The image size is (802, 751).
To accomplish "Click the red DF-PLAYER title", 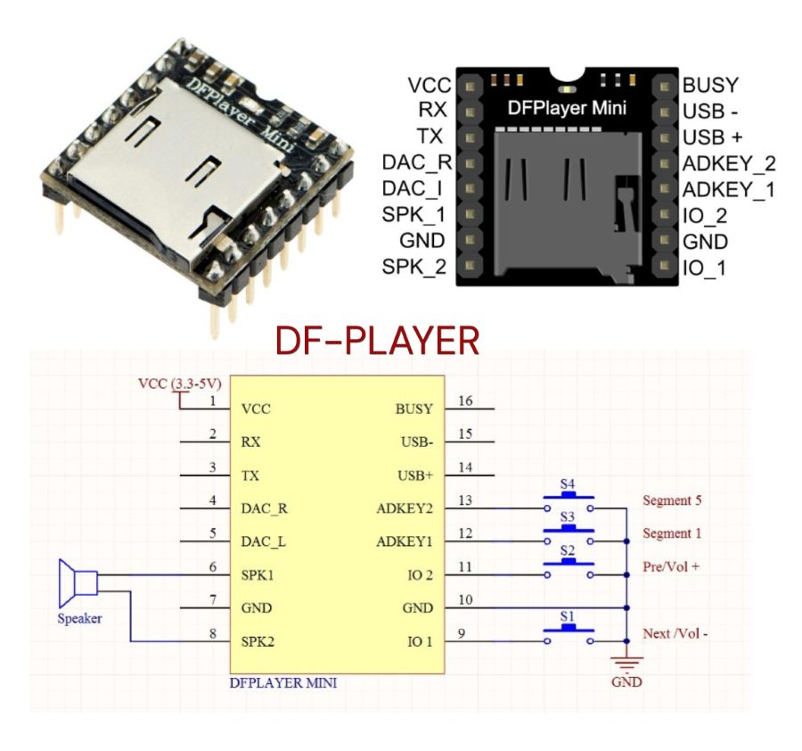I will click(x=377, y=340).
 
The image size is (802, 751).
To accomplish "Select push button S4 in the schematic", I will click(x=568, y=500).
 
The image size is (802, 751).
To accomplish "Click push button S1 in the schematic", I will click(x=568, y=634).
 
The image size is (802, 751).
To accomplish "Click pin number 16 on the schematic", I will click(x=465, y=401).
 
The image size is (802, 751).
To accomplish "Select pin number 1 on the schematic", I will click(x=213, y=401).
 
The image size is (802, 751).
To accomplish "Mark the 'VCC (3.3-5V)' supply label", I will click(x=180, y=384).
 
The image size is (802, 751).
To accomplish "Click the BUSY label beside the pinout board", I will click(x=710, y=86).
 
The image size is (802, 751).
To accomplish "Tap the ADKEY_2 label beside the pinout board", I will click(x=728, y=163).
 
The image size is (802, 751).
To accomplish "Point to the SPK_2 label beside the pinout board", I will click(x=414, y=267).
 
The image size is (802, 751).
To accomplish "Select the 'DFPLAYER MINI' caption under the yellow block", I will click(x=283, y=685).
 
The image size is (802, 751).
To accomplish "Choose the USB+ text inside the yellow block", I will click(x=414, y=475).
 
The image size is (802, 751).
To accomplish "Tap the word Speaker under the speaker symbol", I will click(x=80, y=618).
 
